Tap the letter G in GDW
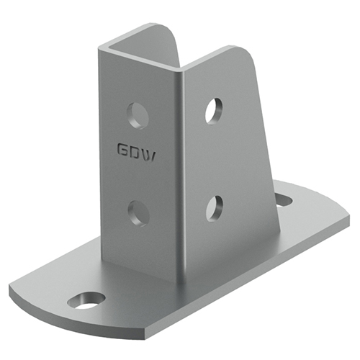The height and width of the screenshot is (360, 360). point(123,150)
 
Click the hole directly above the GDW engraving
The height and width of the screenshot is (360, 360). point(138,116)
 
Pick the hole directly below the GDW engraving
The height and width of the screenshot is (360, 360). point(139,214)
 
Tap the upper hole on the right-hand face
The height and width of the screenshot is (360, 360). point(214,111)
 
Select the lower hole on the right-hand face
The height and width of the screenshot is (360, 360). point(215,209)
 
